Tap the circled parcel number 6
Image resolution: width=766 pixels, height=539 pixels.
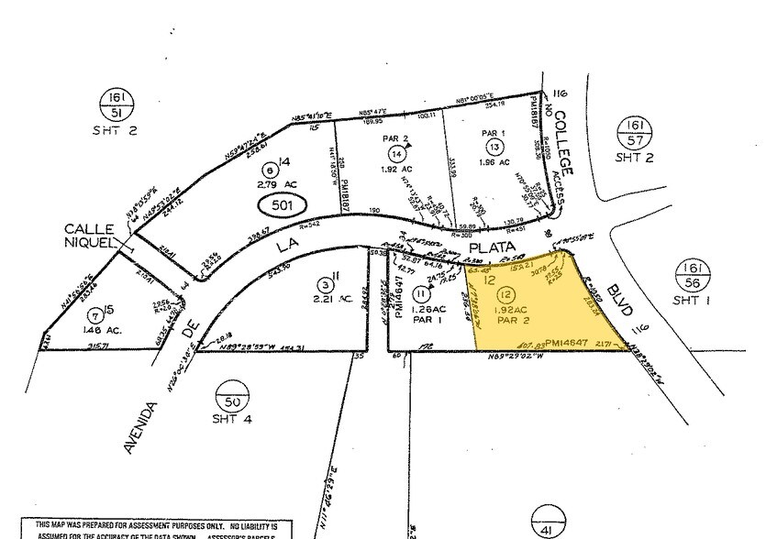point(269,169)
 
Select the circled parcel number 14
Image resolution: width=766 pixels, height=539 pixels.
point(395,153)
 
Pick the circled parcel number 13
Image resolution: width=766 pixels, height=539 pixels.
point(494,147)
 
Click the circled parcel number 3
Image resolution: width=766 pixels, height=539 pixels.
point(324,284)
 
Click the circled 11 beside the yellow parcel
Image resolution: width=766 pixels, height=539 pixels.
point(420,293)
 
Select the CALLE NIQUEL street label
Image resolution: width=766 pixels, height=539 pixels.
point(88,235)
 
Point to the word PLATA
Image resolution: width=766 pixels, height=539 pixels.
point(488,247)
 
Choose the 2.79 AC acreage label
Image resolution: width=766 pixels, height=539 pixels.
point(269,187)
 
